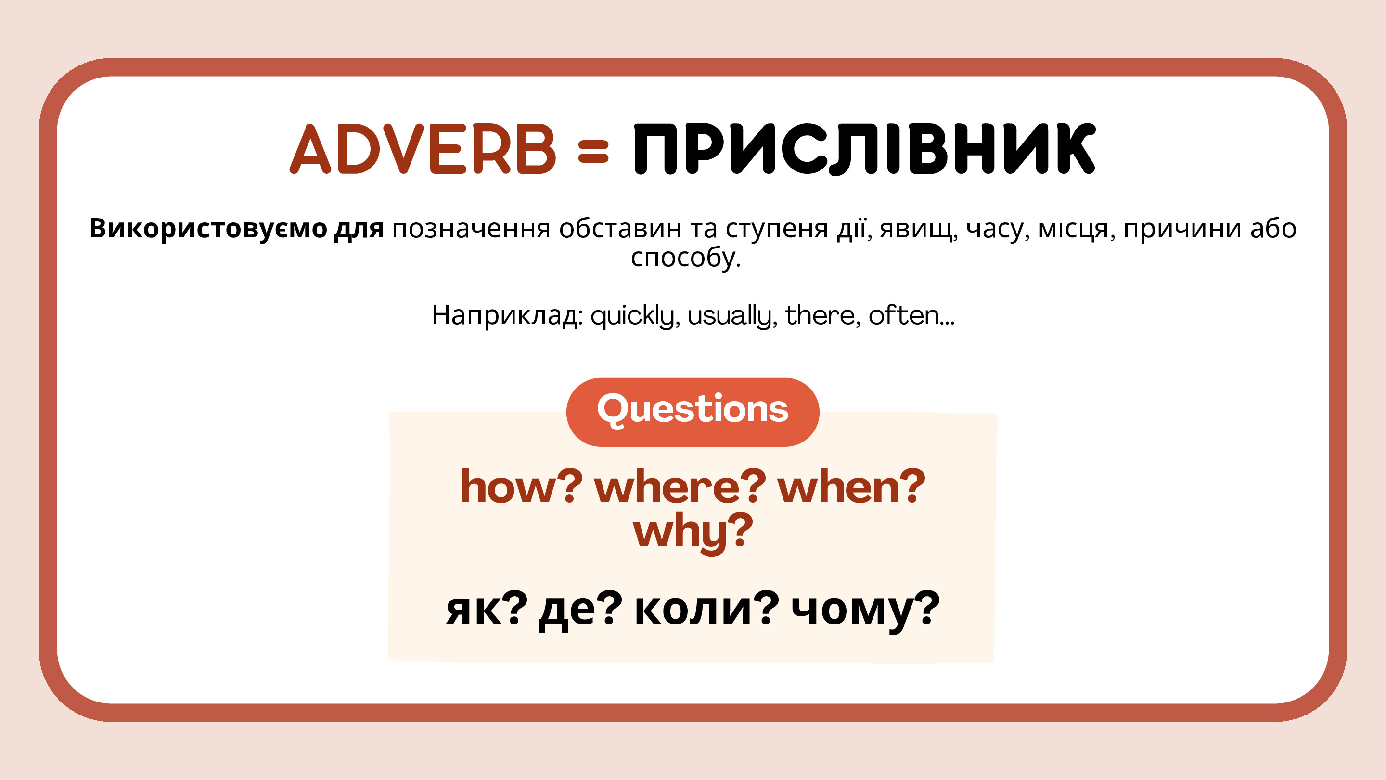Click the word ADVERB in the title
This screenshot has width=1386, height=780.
[423, 149]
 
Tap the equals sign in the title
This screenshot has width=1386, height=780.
[593, 151]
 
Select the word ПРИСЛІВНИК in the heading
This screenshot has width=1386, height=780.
[865, 149]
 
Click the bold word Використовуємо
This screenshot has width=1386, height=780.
[208, 228]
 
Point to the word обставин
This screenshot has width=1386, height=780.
[620, 229]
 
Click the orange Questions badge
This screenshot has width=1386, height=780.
[693, 412]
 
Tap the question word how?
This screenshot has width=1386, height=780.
[521, 486]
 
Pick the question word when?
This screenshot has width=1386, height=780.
[851, 486]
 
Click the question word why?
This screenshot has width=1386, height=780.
[693, 533]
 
